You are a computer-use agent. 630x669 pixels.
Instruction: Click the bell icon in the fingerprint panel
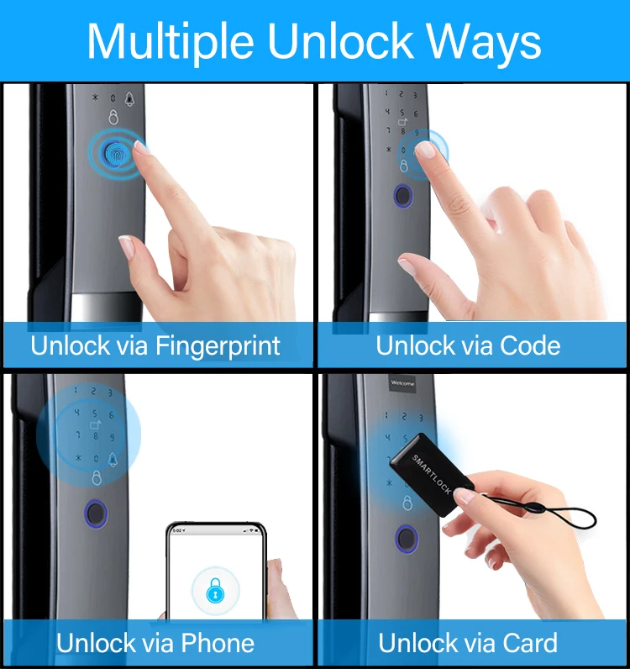[x=129, y=99]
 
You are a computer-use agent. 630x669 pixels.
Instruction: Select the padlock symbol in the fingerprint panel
[x=113, y=119]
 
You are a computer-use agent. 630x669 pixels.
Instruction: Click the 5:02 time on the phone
[x=177, y=531]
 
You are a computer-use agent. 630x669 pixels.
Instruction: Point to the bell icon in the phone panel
[x=113, y=459]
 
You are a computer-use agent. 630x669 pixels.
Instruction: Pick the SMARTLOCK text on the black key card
[x=432, y=474]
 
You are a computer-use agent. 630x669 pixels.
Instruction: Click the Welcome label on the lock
[x=402, y=383]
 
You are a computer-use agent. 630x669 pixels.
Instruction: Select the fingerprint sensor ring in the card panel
[x=407, y=539]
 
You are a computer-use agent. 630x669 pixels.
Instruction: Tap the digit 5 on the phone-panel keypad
[x=97, y=414]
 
